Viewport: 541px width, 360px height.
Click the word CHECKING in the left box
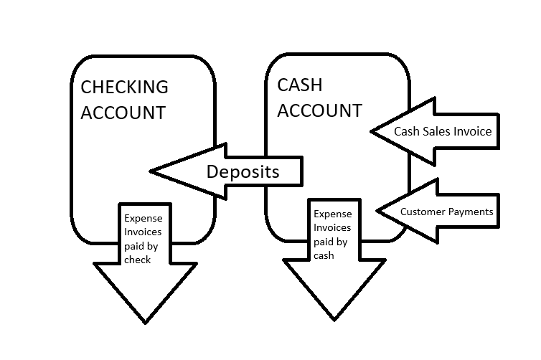pos(124,87)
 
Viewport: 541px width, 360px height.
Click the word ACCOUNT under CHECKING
pos(123,113)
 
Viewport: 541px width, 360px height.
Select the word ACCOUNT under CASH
pos(319,110)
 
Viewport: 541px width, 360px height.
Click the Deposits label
pos(243,172)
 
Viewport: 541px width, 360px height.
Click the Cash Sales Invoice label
pos(442,132)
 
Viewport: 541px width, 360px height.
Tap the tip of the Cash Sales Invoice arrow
pos(372,131)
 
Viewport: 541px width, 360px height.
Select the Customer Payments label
pos(446,212)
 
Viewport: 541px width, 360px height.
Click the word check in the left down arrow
pos(137,260)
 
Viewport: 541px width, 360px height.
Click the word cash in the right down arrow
pos(324,254)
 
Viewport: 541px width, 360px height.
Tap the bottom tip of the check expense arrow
pos(146,322)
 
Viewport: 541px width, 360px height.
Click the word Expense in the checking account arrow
pos(144,219)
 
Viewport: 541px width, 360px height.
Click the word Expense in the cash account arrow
pos(333,214)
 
